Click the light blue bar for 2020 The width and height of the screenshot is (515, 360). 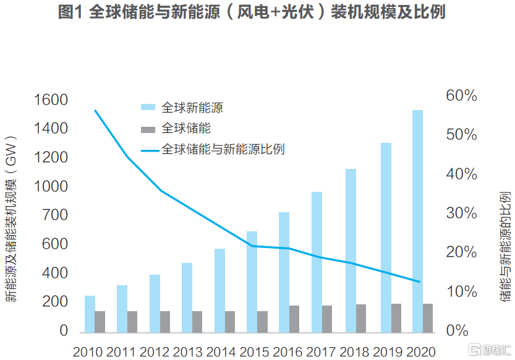tap(417, 220)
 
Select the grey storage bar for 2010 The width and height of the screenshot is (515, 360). tap(100, 320)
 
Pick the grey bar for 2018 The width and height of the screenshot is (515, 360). tap(361, 317)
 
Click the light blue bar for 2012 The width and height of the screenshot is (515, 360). tap(155, 302)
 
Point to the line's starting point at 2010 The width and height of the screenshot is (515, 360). tap(95, 111)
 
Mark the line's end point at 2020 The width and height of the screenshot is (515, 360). tap(420, 282)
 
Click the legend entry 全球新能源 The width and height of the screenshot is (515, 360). tap(192, 108)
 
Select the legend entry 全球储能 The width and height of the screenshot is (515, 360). tap(186, 129)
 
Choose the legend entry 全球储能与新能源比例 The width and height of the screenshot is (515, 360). tap(223, 150)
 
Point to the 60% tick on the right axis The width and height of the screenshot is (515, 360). tap(461, 96)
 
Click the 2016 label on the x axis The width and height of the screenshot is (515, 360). tap(289, 351)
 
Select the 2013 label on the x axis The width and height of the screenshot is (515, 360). tap(187, 351)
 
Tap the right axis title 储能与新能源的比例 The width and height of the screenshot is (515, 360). tap(504, 247)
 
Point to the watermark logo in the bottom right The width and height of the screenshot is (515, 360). tap(475, 349)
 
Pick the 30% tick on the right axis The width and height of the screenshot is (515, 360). tap(461, 213)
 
